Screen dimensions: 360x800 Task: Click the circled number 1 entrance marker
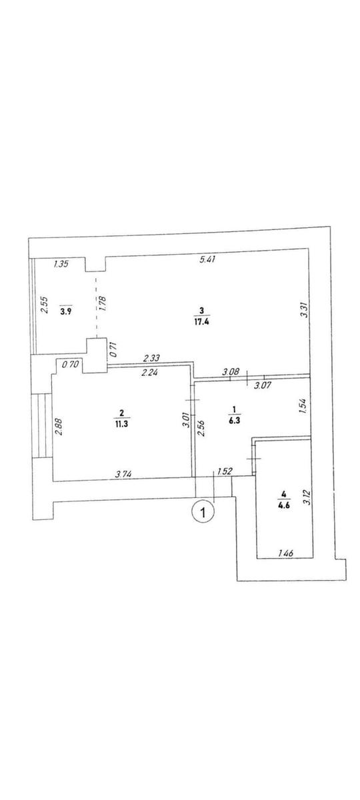click(x=203, y=513)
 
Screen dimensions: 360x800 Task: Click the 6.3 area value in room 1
click(x=234, y=420)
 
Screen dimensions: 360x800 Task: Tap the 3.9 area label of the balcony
click(x=65, y=311)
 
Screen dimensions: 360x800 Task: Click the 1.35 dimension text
click(x=61, y=264)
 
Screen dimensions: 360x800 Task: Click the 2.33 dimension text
click(x=151, y=357)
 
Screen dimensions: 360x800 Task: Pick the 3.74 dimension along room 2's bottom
click(x=124, y=474)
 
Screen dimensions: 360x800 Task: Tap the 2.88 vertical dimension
click(x=59, y=427)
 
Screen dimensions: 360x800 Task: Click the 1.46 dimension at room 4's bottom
click(x=286, y=553)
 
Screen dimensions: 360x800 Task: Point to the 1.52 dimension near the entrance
click(x=225, y=471)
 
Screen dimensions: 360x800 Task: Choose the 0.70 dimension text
click(x=69, y=365)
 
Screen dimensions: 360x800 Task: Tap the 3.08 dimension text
click(x=231, y=371)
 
